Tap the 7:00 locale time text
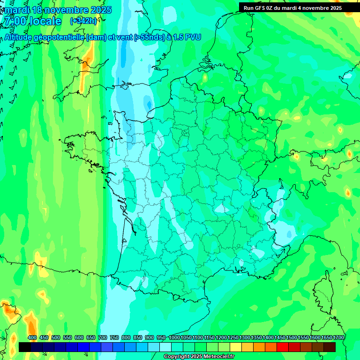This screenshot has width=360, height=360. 32,21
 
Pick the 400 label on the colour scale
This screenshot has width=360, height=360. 32,337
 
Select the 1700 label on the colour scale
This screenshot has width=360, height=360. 338,337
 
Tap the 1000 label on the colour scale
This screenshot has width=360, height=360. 174,337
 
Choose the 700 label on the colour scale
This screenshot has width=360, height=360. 103,337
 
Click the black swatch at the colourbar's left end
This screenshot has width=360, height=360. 25,347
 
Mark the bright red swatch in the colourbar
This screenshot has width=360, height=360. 283,347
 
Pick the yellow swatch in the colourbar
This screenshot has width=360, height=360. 236,347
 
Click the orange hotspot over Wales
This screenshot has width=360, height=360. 87,61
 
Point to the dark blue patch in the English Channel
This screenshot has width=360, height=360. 149,104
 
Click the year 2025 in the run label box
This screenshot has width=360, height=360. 334,8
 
